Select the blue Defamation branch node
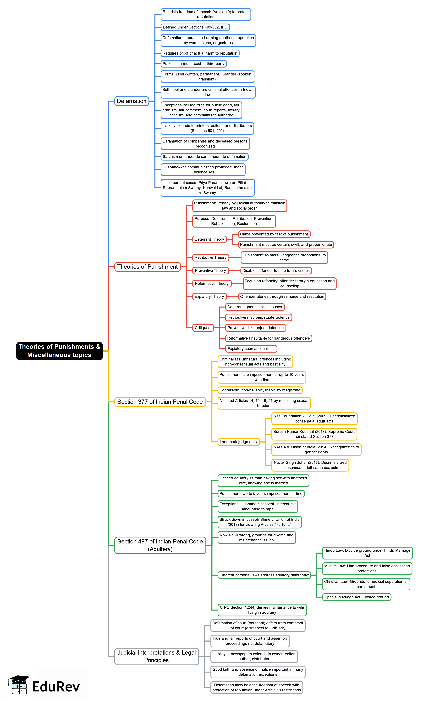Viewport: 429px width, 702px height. [132, 101]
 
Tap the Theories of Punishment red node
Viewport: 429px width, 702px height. [148, 267]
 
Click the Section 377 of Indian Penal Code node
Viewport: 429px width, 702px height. [160, 402]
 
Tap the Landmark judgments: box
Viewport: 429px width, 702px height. [239, 442]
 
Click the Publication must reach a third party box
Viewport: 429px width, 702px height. [193, 64]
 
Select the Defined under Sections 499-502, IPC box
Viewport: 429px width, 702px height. [195, 27]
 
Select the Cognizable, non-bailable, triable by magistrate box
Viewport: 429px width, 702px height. [260, 390]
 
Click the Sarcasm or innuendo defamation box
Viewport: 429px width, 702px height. [204, 157]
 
